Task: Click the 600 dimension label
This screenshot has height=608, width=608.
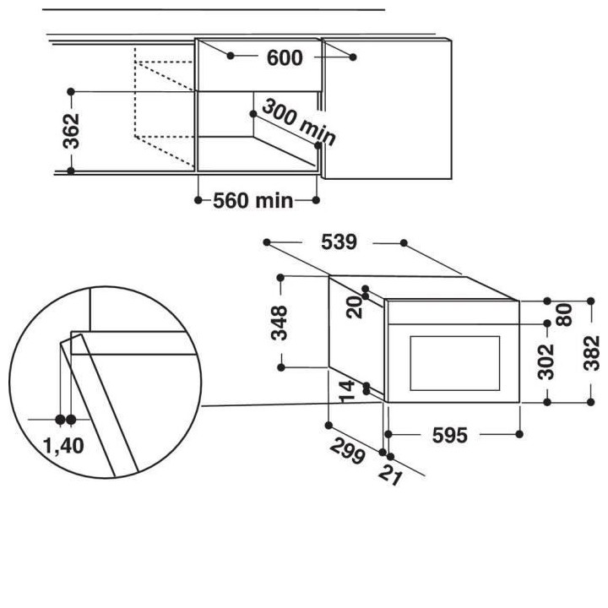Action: pos(285,57)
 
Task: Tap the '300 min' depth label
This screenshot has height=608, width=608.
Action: pos(298,122)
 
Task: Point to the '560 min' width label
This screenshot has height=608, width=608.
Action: pos(252,200)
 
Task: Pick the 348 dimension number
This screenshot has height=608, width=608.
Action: pos(280,322)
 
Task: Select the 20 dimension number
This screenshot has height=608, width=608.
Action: pos(354,306)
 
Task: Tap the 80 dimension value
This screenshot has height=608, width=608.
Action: pos(566,313)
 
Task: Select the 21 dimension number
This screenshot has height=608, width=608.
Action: pos(389,475)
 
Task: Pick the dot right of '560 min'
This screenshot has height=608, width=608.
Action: pos(317,200)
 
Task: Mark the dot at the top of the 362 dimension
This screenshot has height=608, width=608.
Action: pos(71,90)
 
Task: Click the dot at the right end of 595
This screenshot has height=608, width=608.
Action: pos(519,435)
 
